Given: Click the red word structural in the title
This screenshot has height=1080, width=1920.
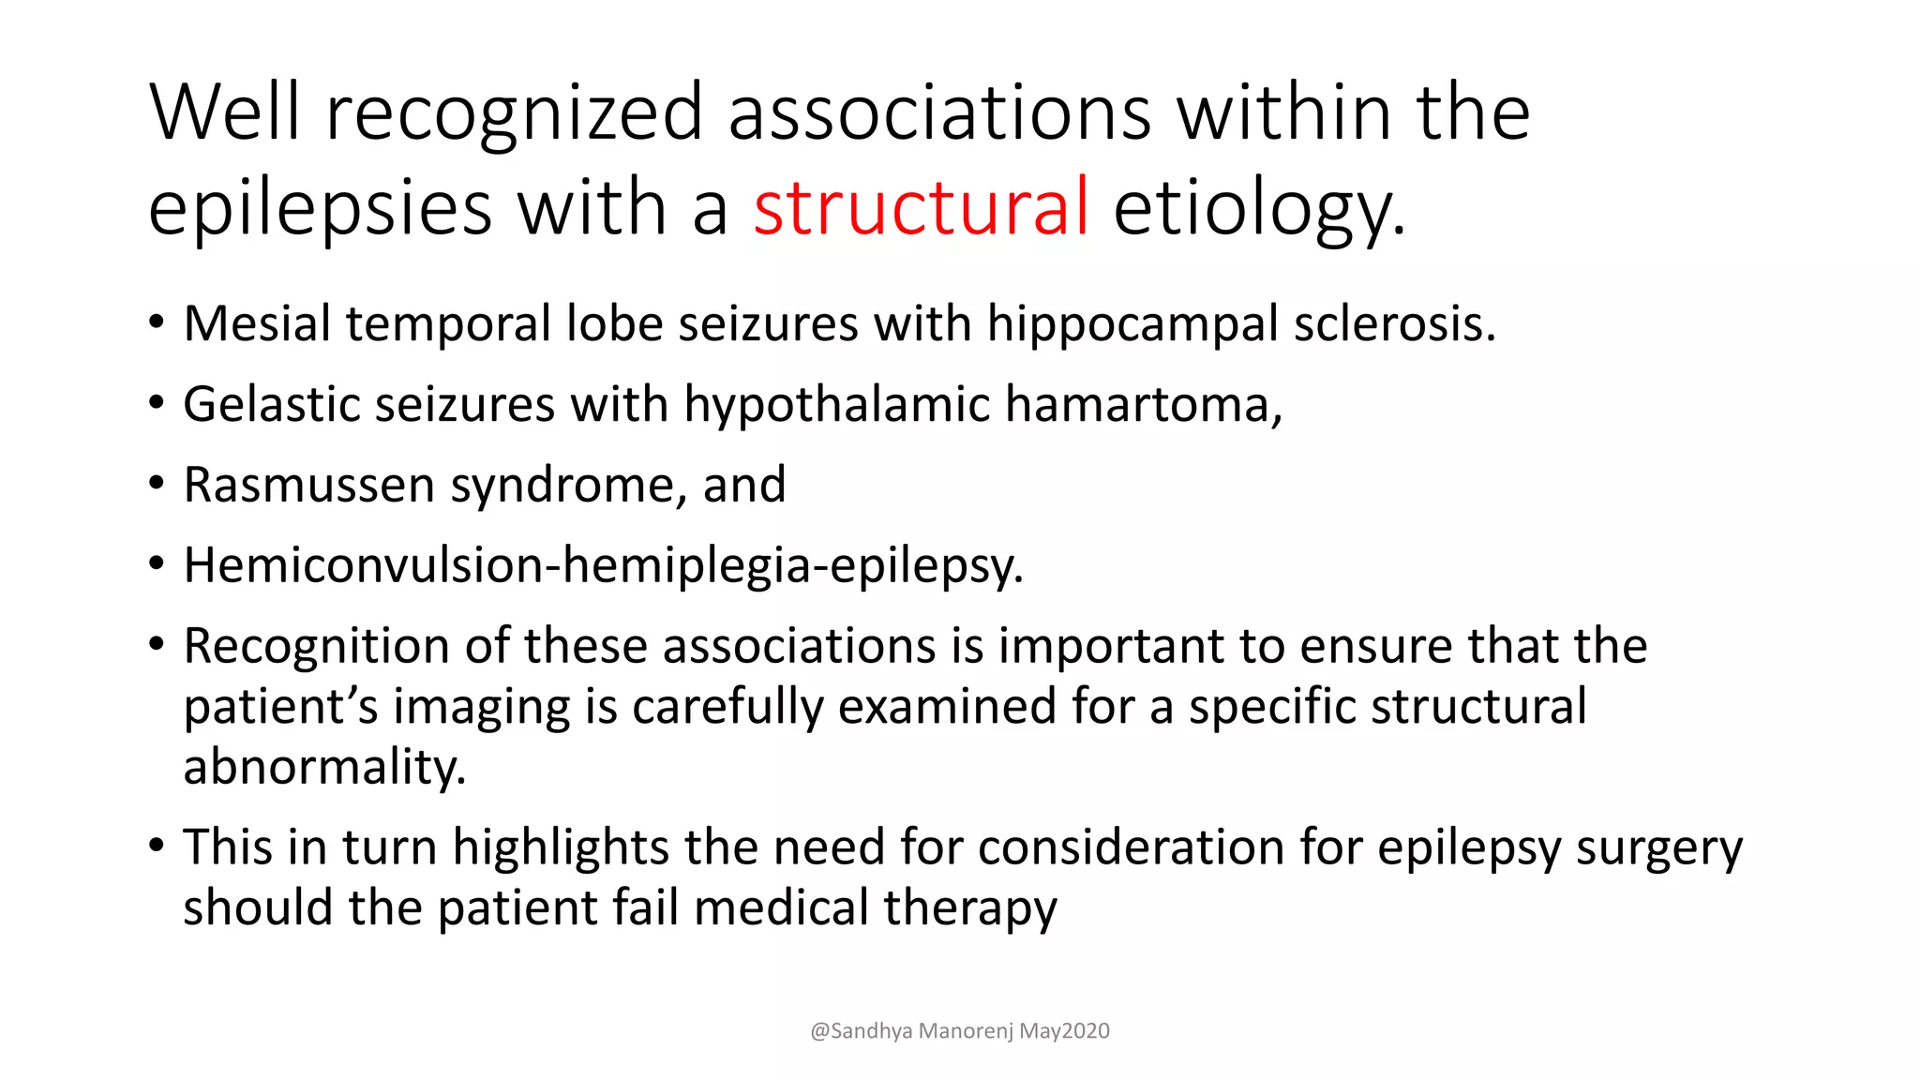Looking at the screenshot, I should (x=921, y=207).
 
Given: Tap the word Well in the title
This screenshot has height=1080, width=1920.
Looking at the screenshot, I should (x=225, y=112).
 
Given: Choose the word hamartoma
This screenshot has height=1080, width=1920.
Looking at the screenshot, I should (x=1144, y=405).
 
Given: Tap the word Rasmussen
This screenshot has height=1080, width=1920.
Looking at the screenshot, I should (x=309, y=486).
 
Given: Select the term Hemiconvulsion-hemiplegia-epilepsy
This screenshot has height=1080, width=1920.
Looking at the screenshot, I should (x=602, y=566).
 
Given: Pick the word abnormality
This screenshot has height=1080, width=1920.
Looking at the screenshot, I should (x=324, y=769).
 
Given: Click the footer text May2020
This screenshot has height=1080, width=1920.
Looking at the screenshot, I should (x=1064, y=1031).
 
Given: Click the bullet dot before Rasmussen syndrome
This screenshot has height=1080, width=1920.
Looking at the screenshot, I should (x=157, y=484).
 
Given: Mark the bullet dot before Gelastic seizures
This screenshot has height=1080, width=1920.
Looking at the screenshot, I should (x=157, y=403).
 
